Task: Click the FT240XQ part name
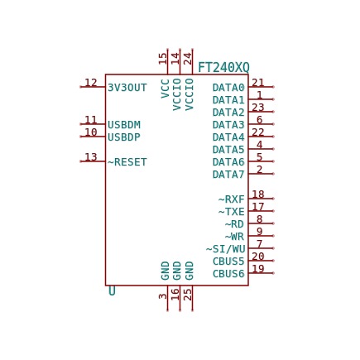click(224, 68)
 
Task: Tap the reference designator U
click(112, 291)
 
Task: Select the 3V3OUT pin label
click(127, 88)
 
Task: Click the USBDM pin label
click(124, 125)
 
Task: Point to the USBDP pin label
click(124, 137)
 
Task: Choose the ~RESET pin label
click(127, 162)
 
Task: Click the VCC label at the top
click(165, 89)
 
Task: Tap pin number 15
click(163, 59)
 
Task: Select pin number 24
click(188, 59)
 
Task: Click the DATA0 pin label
click(228, 88)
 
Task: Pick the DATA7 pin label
click(228, 175)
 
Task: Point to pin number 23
click(258, 107)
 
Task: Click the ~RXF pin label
click(232, 199)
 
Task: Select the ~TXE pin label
click(232, 212)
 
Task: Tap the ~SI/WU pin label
click(225, 249)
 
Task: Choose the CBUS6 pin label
click(228, 274)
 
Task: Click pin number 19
click(258, 268)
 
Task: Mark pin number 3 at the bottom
click(163, 296)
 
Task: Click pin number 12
click(91, 83)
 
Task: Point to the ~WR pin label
click(234, 237)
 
